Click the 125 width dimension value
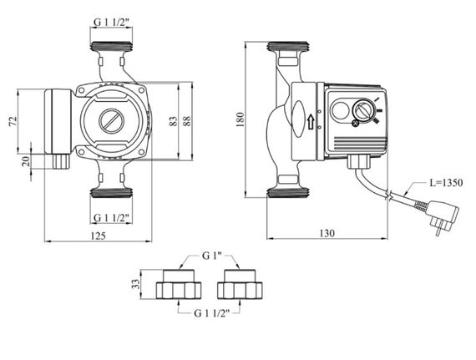(99, 236)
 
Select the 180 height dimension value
(240, 119)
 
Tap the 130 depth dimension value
(327, 233)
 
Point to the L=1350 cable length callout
(446, 183)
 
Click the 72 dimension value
(13, 121)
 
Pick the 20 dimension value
(27, 161)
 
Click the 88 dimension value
(187, 121)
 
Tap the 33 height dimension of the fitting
(136, 284)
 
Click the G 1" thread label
(211, 256)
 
